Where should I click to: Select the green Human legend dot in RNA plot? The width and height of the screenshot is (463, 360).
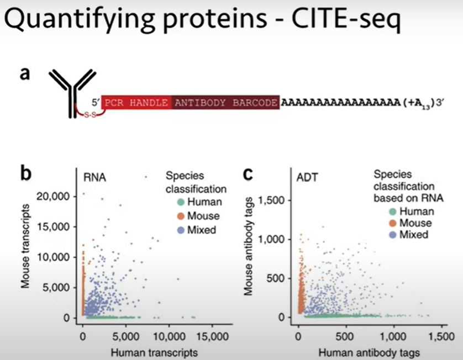click(x=173, y=202)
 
